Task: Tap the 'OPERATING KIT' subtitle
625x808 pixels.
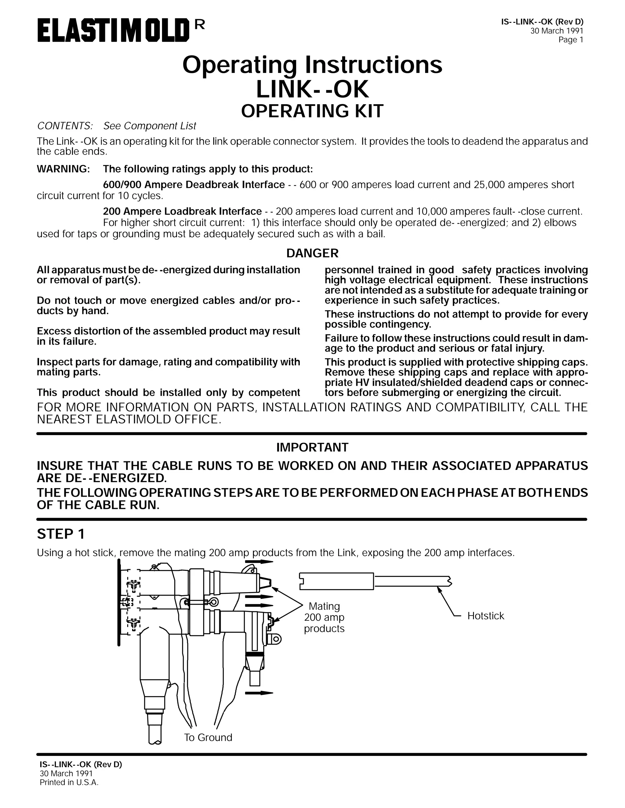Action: click(312, 111)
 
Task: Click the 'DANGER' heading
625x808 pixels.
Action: click(312, 253)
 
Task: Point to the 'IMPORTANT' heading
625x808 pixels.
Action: click(312, 447)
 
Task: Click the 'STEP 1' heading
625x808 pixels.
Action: click(61, 534)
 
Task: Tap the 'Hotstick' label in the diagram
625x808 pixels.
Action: click(486, 616)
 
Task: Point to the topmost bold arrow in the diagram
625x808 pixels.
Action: click(259, 562)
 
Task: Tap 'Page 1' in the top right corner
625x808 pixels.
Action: click(571, 40)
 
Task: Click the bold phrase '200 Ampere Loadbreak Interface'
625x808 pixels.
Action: click(182, 211)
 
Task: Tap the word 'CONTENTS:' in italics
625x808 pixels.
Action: click(64, 126)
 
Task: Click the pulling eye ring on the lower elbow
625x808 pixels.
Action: click(276, 639)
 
